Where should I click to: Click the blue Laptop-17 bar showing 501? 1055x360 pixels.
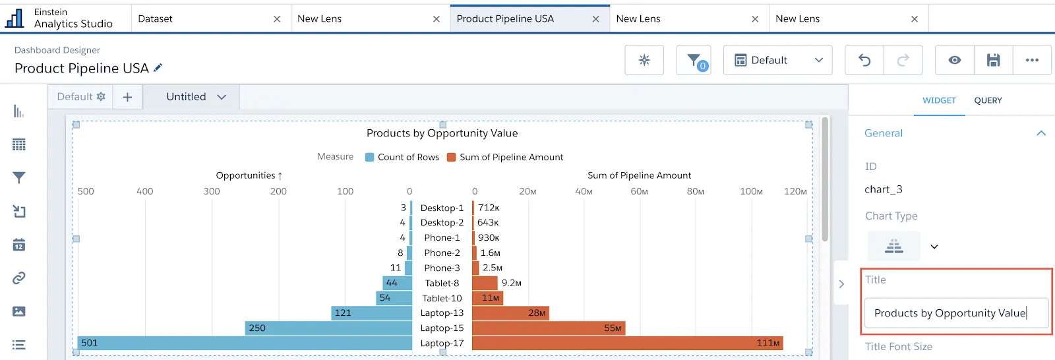(244, 343)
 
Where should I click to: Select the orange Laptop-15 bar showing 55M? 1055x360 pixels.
(548, 328)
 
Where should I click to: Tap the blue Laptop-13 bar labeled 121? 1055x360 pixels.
(371, 313)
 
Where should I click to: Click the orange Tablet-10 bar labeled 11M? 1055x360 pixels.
(487, 298)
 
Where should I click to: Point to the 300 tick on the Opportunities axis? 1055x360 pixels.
(212, 191)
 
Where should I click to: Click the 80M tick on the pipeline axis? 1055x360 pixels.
(695, 191)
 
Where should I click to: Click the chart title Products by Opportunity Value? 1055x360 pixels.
(442, 133)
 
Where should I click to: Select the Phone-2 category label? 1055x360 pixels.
(442, 253)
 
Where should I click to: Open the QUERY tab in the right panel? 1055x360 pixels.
(988, 100)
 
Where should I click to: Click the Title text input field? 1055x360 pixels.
(955, 313)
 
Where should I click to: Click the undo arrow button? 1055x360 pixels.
(864, 60)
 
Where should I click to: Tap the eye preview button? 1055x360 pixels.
(954, 60)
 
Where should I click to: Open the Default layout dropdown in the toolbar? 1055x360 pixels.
(778, 60)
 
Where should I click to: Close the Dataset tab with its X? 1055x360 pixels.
(277, 19)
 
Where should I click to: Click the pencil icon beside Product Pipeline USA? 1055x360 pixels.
(158, 68)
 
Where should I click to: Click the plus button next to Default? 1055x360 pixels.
(127, 97)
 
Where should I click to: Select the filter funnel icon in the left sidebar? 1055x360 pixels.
(19, 177)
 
